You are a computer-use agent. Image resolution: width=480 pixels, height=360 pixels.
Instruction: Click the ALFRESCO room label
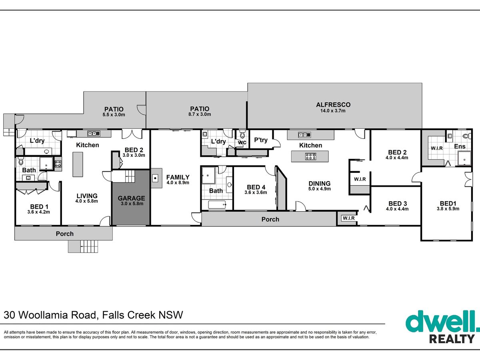(x=333, y=105)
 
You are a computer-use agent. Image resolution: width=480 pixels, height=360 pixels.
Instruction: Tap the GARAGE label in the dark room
(x=132, y=198)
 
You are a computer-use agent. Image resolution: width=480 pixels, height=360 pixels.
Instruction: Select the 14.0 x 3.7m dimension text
(x=333, y=111)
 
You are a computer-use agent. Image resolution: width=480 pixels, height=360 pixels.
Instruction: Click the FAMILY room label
(x=178, y=177)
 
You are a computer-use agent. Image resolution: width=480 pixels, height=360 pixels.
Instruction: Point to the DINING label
(x=320, y=183)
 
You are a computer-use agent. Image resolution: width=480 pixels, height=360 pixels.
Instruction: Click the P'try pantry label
(x=261, y=140)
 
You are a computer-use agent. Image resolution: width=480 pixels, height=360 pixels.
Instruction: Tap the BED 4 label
(x=256, y=187)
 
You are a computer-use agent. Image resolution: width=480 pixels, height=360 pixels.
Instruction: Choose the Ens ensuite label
(x=460, y=146)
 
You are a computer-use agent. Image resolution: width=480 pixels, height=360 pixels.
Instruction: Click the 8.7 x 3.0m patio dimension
(x=200, y=114)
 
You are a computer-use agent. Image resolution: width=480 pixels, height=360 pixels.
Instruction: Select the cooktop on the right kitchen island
(x=310, y=156)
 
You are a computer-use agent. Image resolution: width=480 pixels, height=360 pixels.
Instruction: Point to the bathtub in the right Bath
(x=217, y=204)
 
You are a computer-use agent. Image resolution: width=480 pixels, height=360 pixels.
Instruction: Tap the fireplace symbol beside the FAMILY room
(x=155, y=178)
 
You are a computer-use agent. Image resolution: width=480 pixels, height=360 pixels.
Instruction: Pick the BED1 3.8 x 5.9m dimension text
(x=448, y=209)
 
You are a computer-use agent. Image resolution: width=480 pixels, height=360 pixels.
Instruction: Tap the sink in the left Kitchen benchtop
(x=94, y=134)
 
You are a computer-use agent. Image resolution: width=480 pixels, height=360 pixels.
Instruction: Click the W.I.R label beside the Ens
(x=437, y=148)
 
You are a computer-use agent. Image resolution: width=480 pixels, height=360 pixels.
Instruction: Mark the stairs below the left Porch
(x=83, y=246)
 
